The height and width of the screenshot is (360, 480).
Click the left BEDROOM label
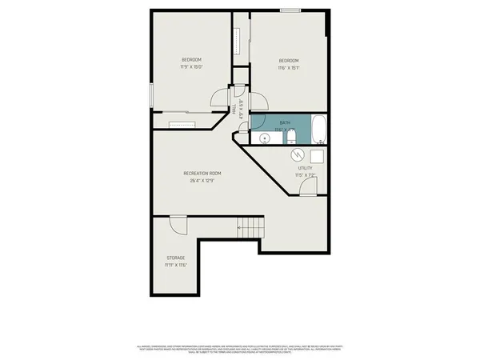(x=191, y=60)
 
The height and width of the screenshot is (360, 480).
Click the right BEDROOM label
(x=289, y=61)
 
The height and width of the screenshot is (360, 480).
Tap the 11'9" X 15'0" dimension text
(x=191, y=67)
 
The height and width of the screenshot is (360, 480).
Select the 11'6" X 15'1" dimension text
(x=289, y=68)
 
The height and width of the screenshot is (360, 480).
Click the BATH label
(x=285, y=122)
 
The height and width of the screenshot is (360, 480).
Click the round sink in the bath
(x=266, y=138)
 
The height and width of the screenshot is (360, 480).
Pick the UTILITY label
(x=304, y=168)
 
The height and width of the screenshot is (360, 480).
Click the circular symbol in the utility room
(x=295, y=154)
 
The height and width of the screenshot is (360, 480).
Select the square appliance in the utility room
(x=317, y=156)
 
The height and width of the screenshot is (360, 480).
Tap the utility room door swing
(x=306, y=188)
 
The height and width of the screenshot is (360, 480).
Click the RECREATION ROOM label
(x=202, y=174)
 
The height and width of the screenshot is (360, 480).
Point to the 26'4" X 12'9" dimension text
(x=202, y=181)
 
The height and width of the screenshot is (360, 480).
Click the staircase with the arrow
(x=250, y=228)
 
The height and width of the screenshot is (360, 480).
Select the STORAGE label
(x=175, y=258)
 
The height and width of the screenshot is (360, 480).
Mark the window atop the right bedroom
(x=290, y=10)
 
